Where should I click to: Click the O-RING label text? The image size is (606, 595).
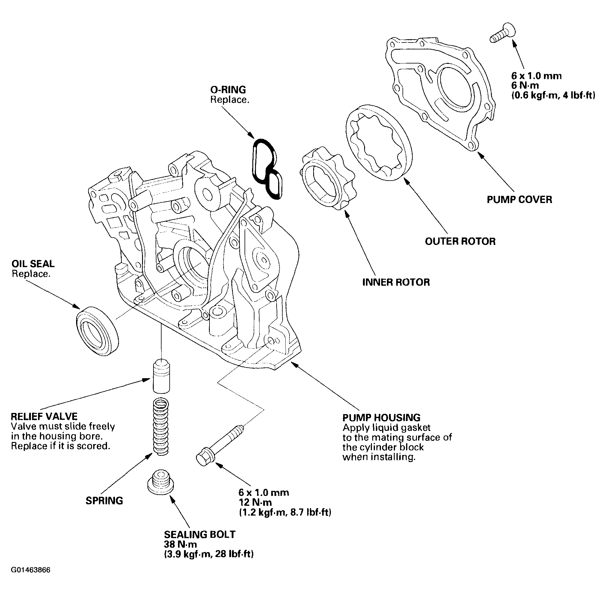[x=228, y=90]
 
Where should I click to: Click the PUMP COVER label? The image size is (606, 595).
[x=519, y=199]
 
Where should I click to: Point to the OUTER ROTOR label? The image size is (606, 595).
[x=460, y=241]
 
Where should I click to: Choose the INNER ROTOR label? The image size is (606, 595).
[x=396, y=282]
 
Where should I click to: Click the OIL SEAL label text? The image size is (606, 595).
[x=33, y=264]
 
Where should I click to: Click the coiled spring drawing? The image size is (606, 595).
[x=161, y=427]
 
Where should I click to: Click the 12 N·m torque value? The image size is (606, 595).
[x=255, y=502]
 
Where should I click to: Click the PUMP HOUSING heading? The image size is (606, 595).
[x=381, y=417]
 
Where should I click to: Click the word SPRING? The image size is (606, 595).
[x=104, y=500]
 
